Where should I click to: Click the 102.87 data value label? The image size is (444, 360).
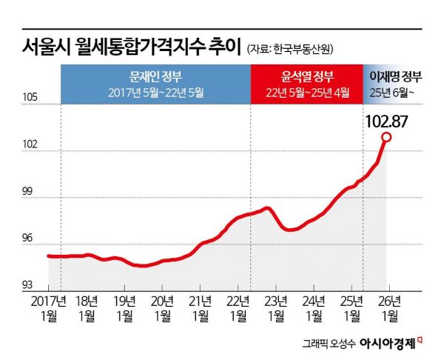pyautogui.click(x=388, y=119)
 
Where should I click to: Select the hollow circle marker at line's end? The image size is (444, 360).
pyautogui.click(x=386, y=137)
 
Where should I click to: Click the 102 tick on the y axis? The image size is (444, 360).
pyautogui.click(x=30, y=145)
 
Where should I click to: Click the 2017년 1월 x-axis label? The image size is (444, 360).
pyautogui.click(x=49, y=307)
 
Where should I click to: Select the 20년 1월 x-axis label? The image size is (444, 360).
pyautogui.click(x=162, y=307)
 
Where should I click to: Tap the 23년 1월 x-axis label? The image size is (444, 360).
pyautogui.click(x=276, y=307)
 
